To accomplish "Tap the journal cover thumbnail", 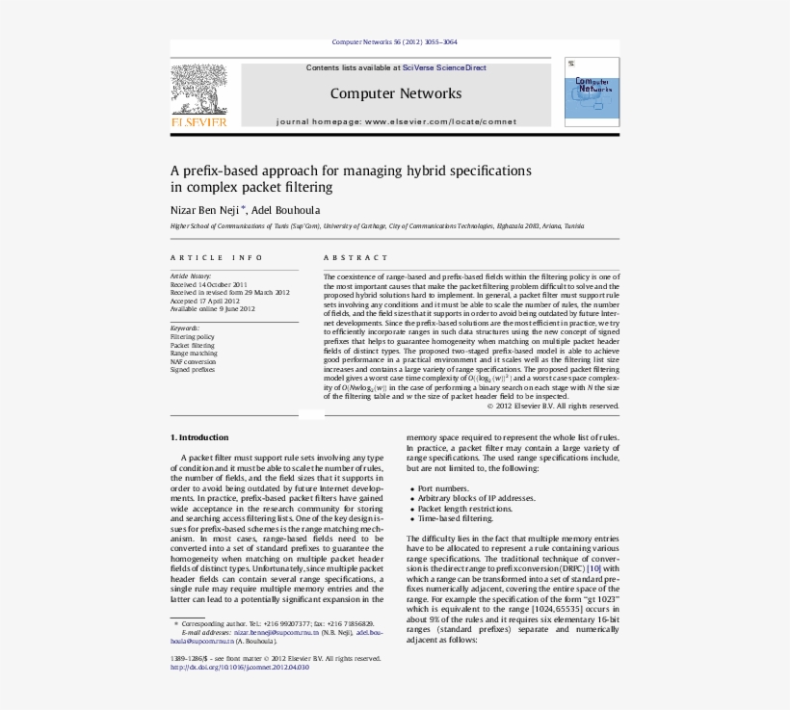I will [x=592, y=92].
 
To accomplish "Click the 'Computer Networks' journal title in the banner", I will [x=395, y=93].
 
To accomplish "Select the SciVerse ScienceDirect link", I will [x=444, y=68].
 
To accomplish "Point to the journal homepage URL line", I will [x=396, y=122].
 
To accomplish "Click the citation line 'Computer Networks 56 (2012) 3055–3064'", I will [x=394, y=42].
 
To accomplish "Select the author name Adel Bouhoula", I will [x=286, y=209].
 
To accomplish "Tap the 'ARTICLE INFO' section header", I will [x=217, y=258].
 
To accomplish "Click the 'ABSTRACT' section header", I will [x=356, y=258].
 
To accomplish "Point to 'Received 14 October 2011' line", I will [x=209, y=285].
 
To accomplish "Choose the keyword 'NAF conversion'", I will [x=193, y=361].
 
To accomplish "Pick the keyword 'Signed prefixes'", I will [x=193, y=369].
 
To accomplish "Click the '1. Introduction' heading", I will [x=199, y=437].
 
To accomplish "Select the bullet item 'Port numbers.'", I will [x=443, y=489].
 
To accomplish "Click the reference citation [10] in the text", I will [x=593, y=568].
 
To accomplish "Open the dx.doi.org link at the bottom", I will [x=240, y=667].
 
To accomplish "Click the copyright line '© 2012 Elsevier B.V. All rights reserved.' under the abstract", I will [x=552, y=406].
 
